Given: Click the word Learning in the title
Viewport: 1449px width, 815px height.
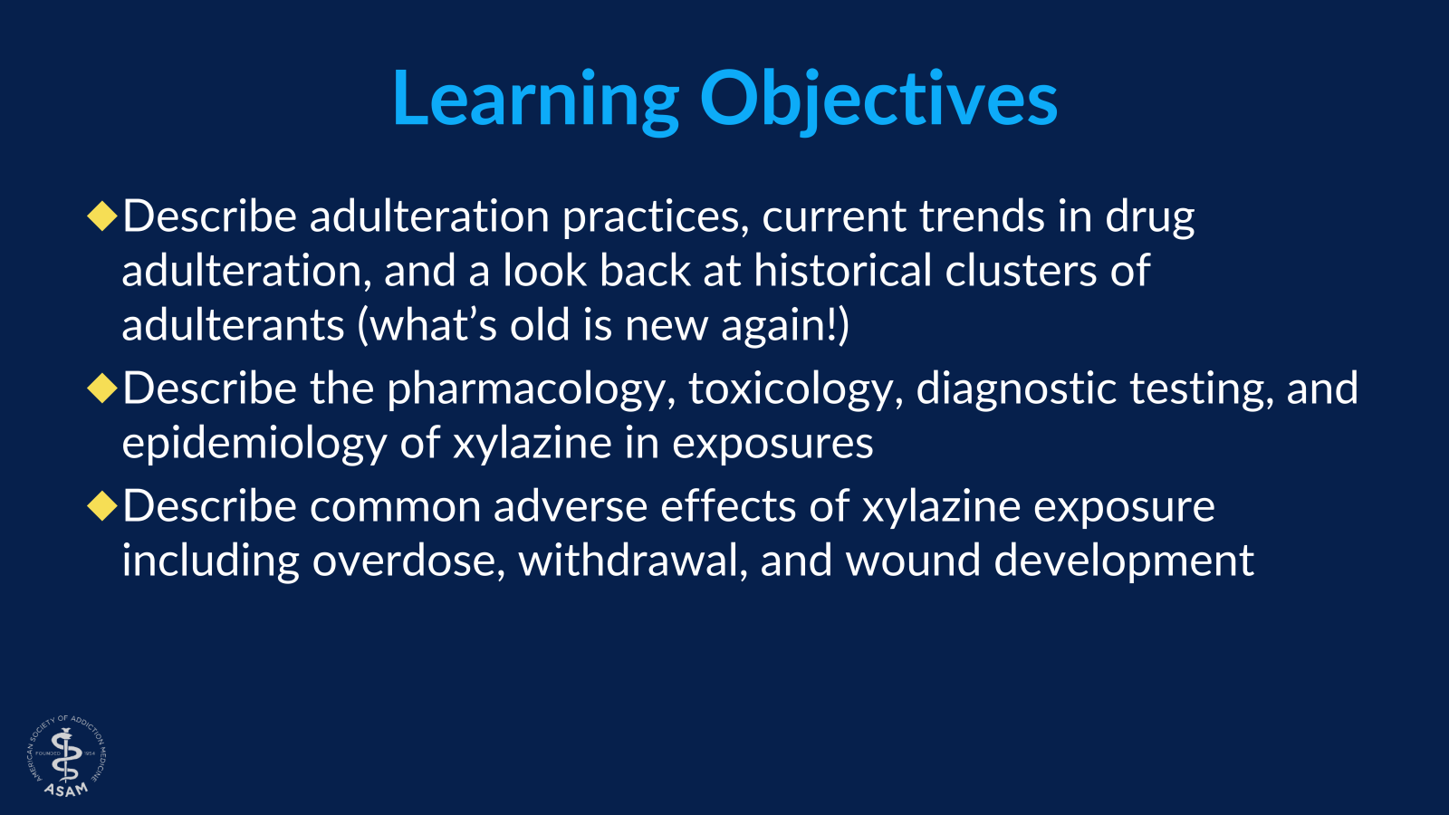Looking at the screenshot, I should (x=535, y=100).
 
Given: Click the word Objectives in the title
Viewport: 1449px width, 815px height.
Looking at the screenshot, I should (x=878, y=100).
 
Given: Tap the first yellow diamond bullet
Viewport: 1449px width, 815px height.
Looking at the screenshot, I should (x=102, y=216).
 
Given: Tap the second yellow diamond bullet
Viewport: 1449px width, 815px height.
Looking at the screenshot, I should (x=102, y=388).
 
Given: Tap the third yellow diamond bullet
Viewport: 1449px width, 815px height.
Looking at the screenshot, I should (x=102, y=506).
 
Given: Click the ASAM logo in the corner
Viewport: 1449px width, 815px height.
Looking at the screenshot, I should (x=67, y=757).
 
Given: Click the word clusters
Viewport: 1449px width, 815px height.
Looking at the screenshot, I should (x=1021, y=272).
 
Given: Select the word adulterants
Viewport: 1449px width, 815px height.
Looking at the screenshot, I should (x=233, y=326).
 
